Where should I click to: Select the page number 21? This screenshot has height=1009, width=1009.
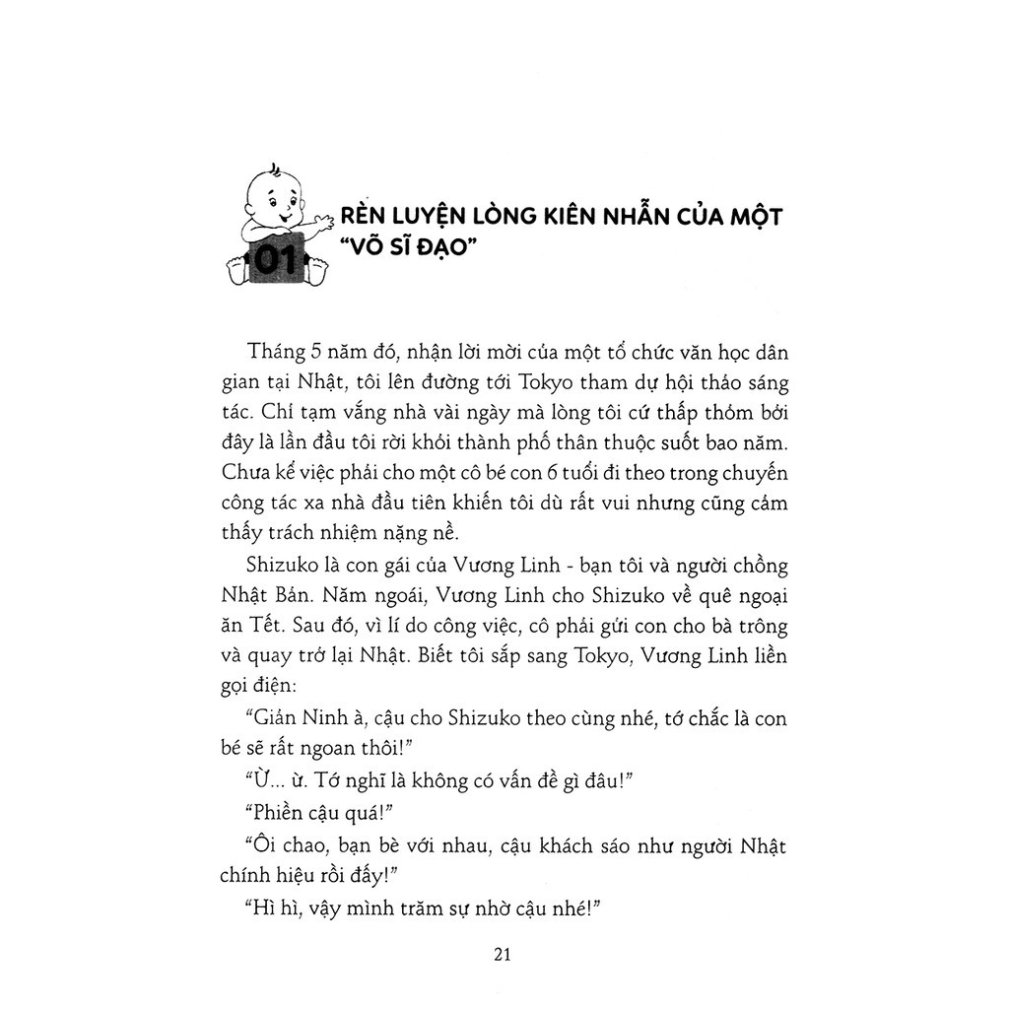pos(504,954)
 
